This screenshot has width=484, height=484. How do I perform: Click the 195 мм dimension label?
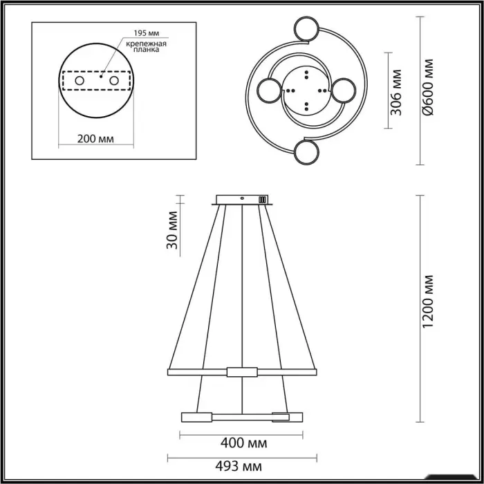147,33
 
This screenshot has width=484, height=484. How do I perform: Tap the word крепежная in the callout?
147,44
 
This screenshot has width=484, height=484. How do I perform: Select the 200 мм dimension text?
95,139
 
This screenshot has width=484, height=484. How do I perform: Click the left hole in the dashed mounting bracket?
80,81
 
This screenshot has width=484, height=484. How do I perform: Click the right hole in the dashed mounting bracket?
114,81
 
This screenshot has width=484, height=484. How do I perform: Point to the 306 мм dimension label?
396,92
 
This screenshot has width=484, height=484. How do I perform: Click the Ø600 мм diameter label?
429,87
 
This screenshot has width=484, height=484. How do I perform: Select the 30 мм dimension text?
172,230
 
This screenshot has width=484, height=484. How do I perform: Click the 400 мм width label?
244,443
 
